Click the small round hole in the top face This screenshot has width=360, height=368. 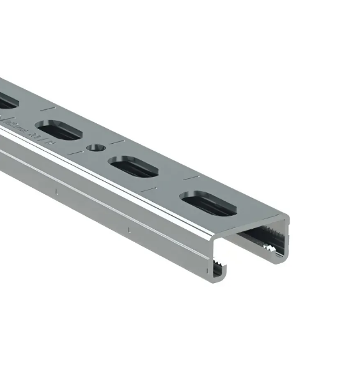click(x=95, y=148)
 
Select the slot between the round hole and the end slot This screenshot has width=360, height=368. click(x=134, y=166)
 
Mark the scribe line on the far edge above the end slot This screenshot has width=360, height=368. click(x=193, y=174)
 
